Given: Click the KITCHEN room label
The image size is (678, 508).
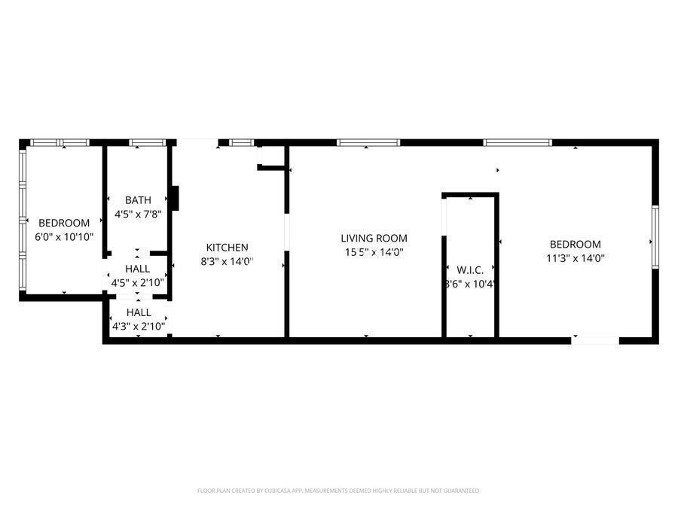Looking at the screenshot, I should [x=228, y=247].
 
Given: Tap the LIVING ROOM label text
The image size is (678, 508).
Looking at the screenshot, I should [x=374, y=238].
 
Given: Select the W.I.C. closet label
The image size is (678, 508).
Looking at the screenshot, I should [x=470, y=269].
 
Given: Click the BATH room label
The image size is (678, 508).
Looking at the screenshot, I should [x=138, y=200].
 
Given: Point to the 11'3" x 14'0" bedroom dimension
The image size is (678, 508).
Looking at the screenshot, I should [x=576, y=258].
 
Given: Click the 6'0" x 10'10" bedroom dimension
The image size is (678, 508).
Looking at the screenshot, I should [x=64, y=236].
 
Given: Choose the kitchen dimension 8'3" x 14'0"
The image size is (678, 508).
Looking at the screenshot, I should [x=228, y=261].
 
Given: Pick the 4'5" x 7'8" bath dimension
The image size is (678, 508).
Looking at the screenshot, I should [x=138, y=214].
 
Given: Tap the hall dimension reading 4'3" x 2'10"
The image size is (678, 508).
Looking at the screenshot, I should [x=138, y=327].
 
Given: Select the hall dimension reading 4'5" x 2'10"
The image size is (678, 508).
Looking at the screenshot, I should [x=138, y=283].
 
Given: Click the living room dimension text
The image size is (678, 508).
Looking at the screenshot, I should [x=374, y=253].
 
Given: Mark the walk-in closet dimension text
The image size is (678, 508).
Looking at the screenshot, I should [x=470, y=284].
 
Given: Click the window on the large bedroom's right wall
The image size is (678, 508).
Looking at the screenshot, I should [x=655, y=237].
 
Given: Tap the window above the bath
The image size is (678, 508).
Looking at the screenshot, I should [x=148, y=142].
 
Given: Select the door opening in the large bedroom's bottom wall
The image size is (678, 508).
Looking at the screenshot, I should [x=595, y=341].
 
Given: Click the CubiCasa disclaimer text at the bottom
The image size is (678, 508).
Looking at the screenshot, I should [x=338, y=491].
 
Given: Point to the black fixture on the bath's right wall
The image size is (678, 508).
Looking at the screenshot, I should [x=175, y=198].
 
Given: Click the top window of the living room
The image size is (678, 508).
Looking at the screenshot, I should [x=368, y=142].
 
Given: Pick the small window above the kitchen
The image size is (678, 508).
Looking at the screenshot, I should [x=241, y=142].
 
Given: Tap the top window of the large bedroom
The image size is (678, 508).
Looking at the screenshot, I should [x=517, y=142].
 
